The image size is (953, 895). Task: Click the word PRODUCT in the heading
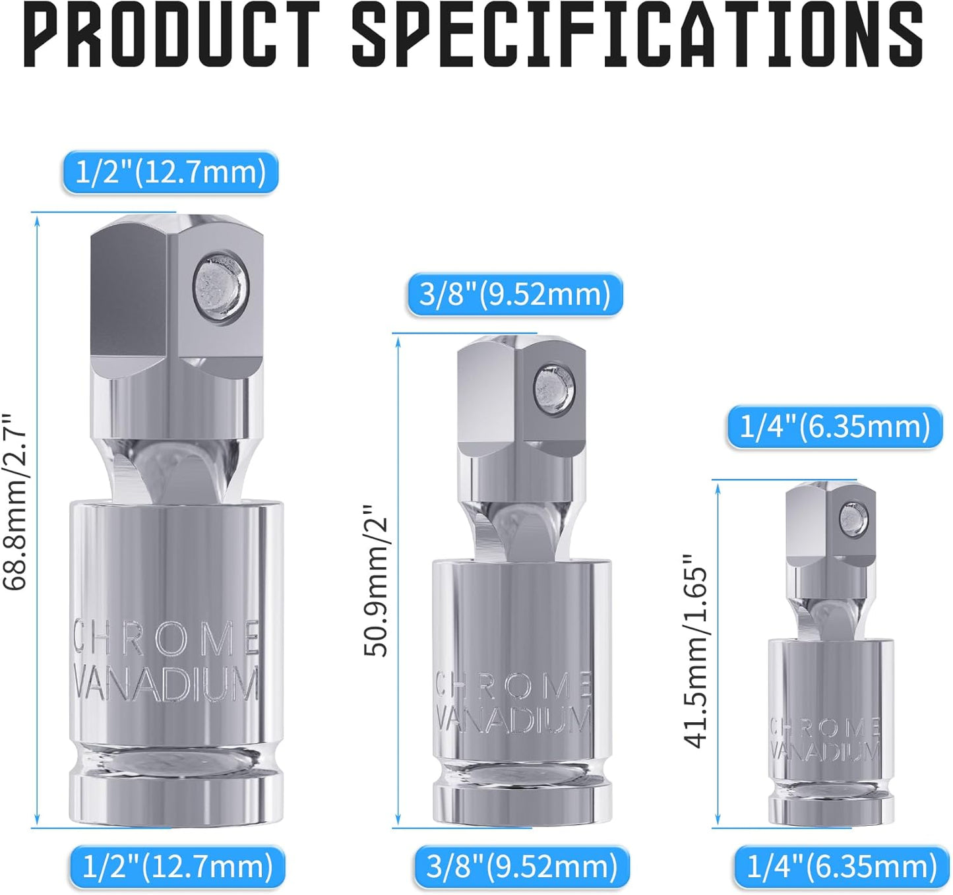tap(171, 34)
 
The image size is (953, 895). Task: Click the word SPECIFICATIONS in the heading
tap(638, 34)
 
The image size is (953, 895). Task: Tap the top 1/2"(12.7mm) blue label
tap(170, 172)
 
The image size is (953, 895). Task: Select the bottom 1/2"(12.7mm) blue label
tap(177, 867)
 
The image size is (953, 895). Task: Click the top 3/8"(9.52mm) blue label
tap(515, 294)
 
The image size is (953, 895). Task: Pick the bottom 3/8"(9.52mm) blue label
tap(522, 867)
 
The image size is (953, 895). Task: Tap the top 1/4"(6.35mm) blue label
tap(835, 427)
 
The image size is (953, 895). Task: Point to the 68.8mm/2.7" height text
tap(15, 501)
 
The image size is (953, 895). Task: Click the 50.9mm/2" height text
tap(375, 580)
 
